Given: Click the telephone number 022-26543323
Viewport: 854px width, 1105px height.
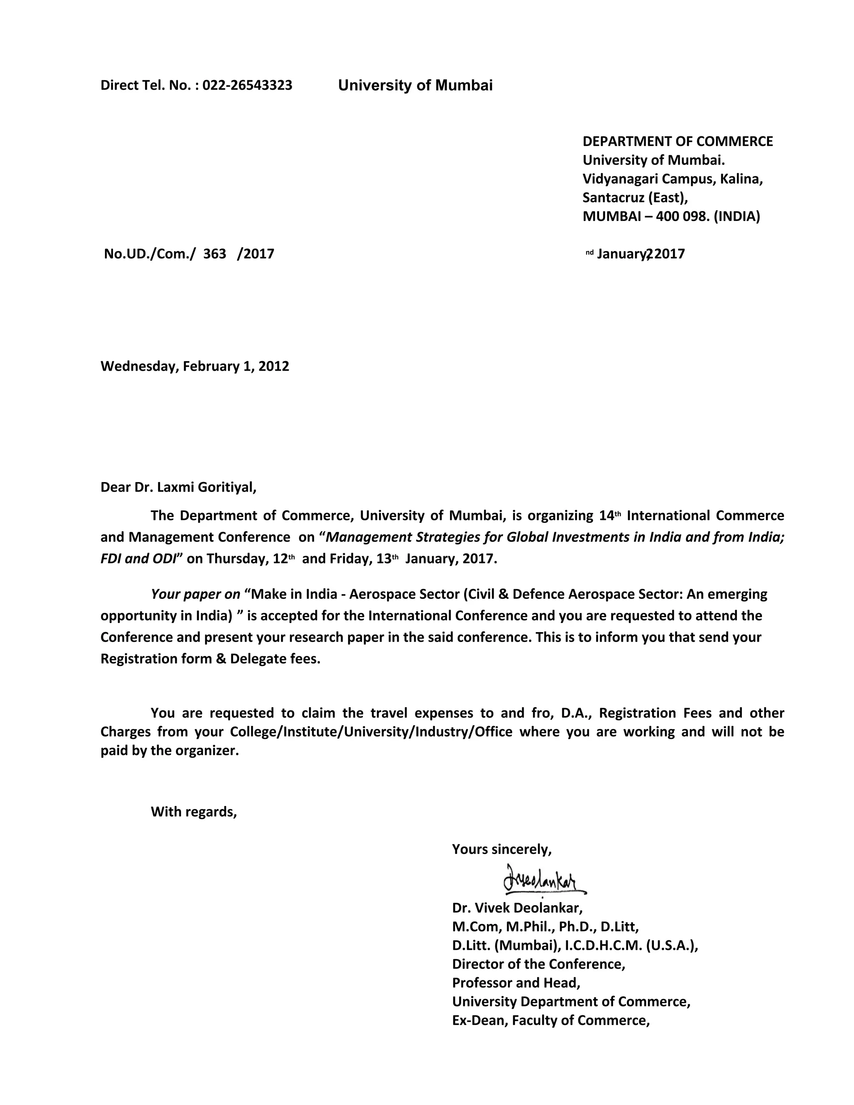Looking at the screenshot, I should pos(247,85).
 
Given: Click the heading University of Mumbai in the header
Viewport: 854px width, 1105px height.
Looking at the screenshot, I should pos(415,85).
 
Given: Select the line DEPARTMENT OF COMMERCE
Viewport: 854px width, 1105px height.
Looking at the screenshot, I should pos(678,141).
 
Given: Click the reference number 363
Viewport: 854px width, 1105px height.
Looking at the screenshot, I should pos(214,254).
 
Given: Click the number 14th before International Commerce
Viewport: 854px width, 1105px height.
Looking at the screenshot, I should pos(609,515).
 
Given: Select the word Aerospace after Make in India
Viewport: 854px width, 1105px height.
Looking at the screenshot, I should pos(378,593).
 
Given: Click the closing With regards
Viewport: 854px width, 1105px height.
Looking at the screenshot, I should pos(194,811).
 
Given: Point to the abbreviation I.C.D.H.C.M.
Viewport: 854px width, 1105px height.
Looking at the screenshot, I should pos(602,945).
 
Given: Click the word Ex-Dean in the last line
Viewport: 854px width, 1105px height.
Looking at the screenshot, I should pos(479,1020).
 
